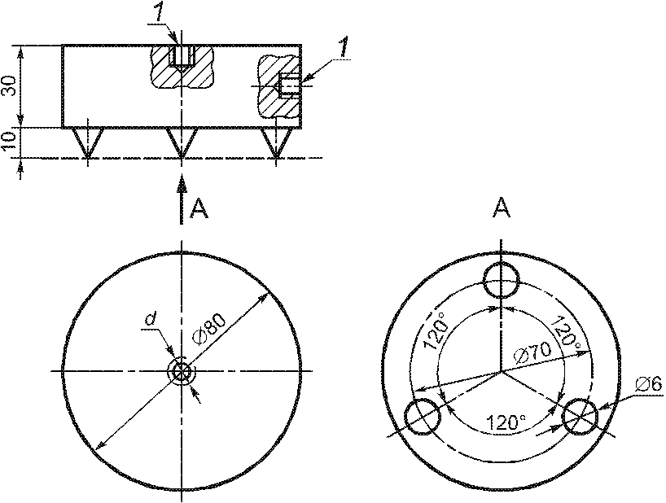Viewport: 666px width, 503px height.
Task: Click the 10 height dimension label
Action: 9,141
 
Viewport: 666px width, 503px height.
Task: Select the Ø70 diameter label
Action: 532,353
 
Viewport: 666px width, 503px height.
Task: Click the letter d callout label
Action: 150,318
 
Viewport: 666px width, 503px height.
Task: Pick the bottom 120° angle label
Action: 505,422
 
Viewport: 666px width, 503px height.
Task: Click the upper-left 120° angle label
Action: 436,330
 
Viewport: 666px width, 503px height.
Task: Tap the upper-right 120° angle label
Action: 567,333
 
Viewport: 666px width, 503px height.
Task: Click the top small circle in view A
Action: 502,281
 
